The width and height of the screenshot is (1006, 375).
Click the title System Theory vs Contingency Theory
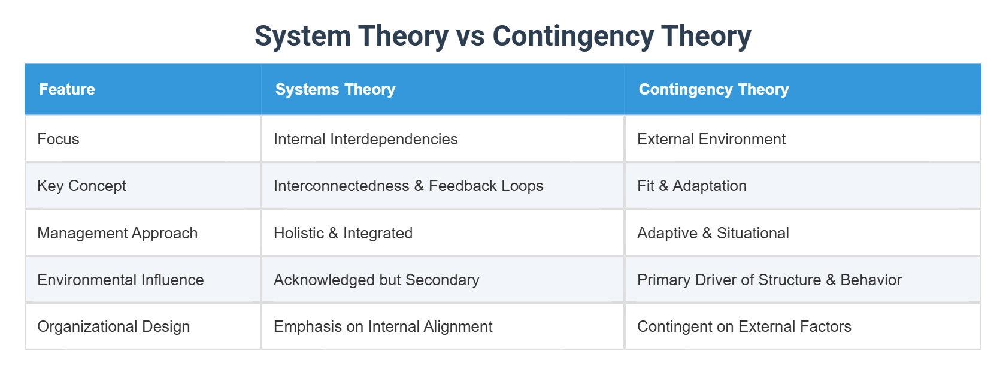tap(502, 36)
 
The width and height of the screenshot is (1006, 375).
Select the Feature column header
tap(67, 89)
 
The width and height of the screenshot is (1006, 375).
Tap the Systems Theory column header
tap(335, 89)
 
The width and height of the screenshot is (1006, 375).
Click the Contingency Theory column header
tap(714, 89)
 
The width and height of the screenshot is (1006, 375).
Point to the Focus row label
tap(58, 139)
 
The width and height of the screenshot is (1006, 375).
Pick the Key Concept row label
tap(81, 186)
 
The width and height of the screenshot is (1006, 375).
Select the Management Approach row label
tap(117, 233)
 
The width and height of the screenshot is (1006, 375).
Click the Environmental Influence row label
tap(120, 280)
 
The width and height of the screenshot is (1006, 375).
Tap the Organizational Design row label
tap(113, 326)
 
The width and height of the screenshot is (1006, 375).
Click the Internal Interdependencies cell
tap(365, 139)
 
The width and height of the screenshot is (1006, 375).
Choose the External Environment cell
tap(711, 139)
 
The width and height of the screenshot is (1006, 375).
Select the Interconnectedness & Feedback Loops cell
tap(408, 186)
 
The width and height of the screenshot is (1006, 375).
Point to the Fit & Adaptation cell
tap(692, 186)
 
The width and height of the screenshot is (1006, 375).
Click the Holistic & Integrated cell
tap(343, 233)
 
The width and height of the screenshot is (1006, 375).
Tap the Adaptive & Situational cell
tap(713, 233)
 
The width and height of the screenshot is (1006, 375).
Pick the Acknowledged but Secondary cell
tap(377, 280)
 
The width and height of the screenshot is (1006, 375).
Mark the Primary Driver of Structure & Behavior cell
tap(769, 280)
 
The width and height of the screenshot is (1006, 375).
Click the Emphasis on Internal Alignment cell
tap(383, 326)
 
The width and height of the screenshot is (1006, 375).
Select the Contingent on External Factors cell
tap(744, 326)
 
